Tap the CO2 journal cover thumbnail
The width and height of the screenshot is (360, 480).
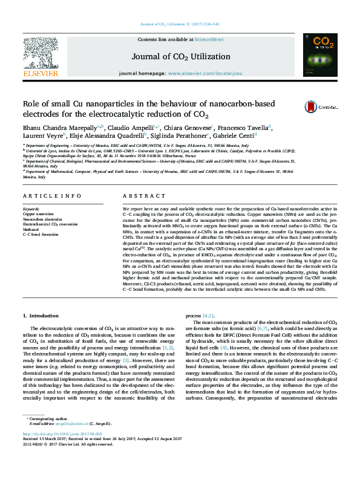pos(321,55)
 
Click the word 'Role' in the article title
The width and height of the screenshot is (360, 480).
pos(33,104)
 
